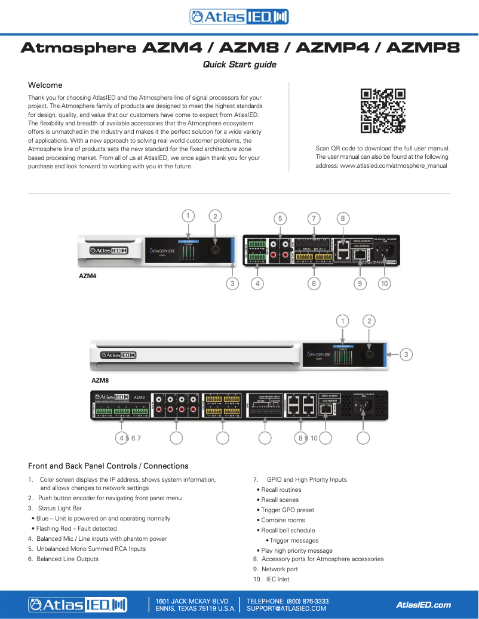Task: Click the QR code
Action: pyautogui.click(x=383, y=111)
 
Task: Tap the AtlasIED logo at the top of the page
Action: pyautogui.click(x=239, y=17)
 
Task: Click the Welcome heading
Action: pyautogui.click(x=45, y=85)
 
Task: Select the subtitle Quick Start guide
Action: pyautogui.click(x=240, y=64)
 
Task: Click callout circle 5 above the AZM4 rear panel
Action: pyautogui.click(x=279, y=218)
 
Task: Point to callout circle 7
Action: pyautogui.click(x=312, y=218)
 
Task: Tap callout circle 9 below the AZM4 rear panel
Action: pyautogui.click(x=359, y=284)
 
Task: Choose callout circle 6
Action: pyautogui.click(x=314, y=284)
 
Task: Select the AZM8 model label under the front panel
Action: pyautogui.click(x=100, y=379)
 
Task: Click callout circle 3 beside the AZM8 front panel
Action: pyautogui.click(x=406, y=355)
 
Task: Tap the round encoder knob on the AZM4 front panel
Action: pyautogui.click(x=215, y=251)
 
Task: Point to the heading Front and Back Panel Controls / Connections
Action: pyautogui.click(x=108, y=466)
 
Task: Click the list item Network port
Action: pyautogui.click(x=280, y=569)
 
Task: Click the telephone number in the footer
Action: pyautogui.click(x=287, y=601)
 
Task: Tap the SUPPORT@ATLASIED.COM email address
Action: pyautogui.click(x=287, y=609)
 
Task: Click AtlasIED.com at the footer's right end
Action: pyautogui.click(x=423, y=605)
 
